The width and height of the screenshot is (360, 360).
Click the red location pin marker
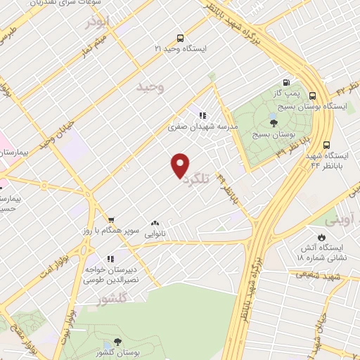pos(181,165)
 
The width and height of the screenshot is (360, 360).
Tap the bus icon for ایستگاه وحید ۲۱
pos(181,39)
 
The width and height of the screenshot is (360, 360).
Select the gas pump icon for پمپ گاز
pos(286,82)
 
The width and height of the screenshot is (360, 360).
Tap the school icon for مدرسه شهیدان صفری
pos(202,116)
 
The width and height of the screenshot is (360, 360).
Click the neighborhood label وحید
pos(150,87)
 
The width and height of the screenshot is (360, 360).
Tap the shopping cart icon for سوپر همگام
pos(110,221)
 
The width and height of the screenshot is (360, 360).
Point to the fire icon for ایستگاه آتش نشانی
pos(322,237)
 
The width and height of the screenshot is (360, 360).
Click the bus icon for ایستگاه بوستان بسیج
pos(312,96)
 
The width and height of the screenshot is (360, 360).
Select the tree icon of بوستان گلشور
pos(117,340)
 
